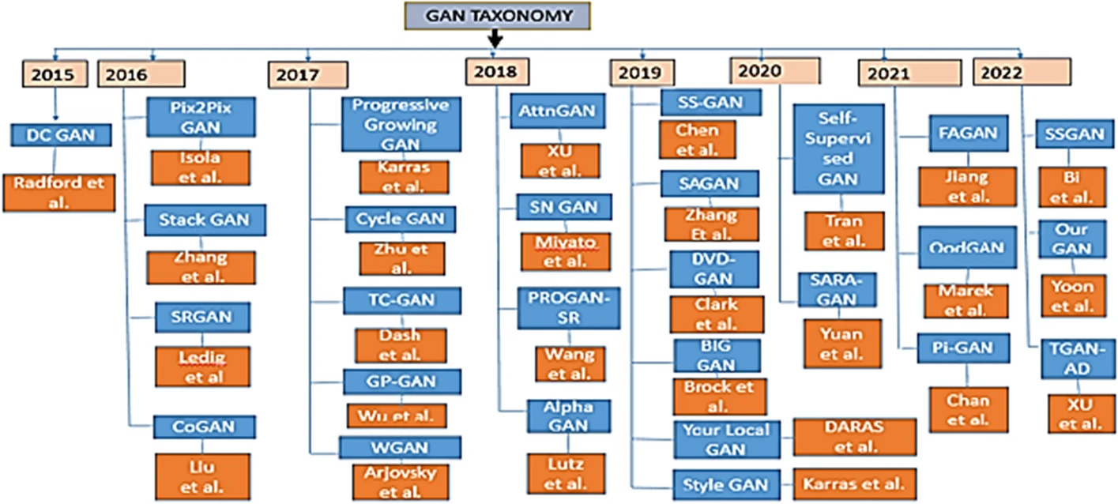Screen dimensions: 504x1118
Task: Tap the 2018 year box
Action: point(496,72)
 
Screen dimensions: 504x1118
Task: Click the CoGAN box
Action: point(205,427)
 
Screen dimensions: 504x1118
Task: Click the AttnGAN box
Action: point(557,111)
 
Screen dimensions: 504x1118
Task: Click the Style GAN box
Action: point(726,483)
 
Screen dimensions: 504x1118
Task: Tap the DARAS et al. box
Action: point(855,437)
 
